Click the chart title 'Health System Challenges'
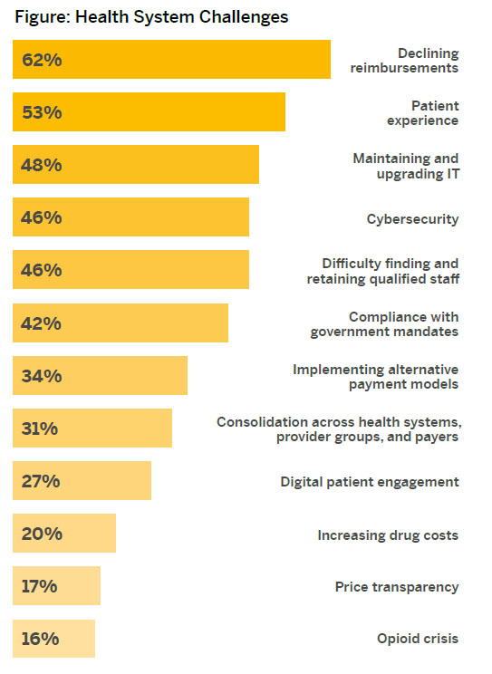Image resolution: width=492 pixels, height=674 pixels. click(151, 17)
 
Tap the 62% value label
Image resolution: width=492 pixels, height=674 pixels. click(42, 60)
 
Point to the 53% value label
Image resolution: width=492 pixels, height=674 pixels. click(42, 112)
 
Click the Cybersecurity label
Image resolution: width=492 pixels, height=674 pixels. click(412, 218)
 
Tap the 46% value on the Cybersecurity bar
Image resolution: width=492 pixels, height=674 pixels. click(42, 217)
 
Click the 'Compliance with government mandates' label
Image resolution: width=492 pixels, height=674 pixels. click(384, 323)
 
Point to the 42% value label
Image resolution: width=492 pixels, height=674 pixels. click(42, 323)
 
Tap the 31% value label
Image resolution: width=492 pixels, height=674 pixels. click(40, 428)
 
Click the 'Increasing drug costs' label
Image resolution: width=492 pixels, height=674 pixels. click(388, 534)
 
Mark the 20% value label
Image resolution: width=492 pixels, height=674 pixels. click(42, 533)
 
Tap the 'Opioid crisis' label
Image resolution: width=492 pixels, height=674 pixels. click(418, 639)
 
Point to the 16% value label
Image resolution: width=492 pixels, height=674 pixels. click(40, 638)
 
